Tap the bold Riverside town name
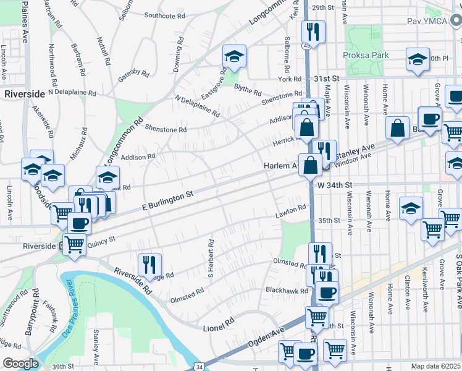point(24,94)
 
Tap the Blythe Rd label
point(247,90)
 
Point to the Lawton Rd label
point(291,212)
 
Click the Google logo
point(20,364)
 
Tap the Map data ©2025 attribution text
point(435,366)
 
